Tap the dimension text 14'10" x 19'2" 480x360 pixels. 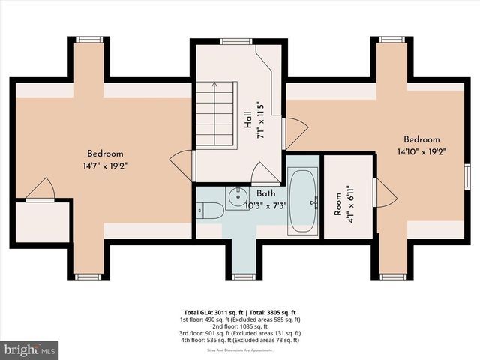coord(421,152)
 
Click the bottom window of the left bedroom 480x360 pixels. coord(88,276)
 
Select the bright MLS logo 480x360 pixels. coord(30,349)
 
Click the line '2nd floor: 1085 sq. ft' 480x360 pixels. coord(240,325)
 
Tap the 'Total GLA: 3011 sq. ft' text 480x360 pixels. coord(212,311)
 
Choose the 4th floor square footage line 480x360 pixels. coord(240,340)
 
